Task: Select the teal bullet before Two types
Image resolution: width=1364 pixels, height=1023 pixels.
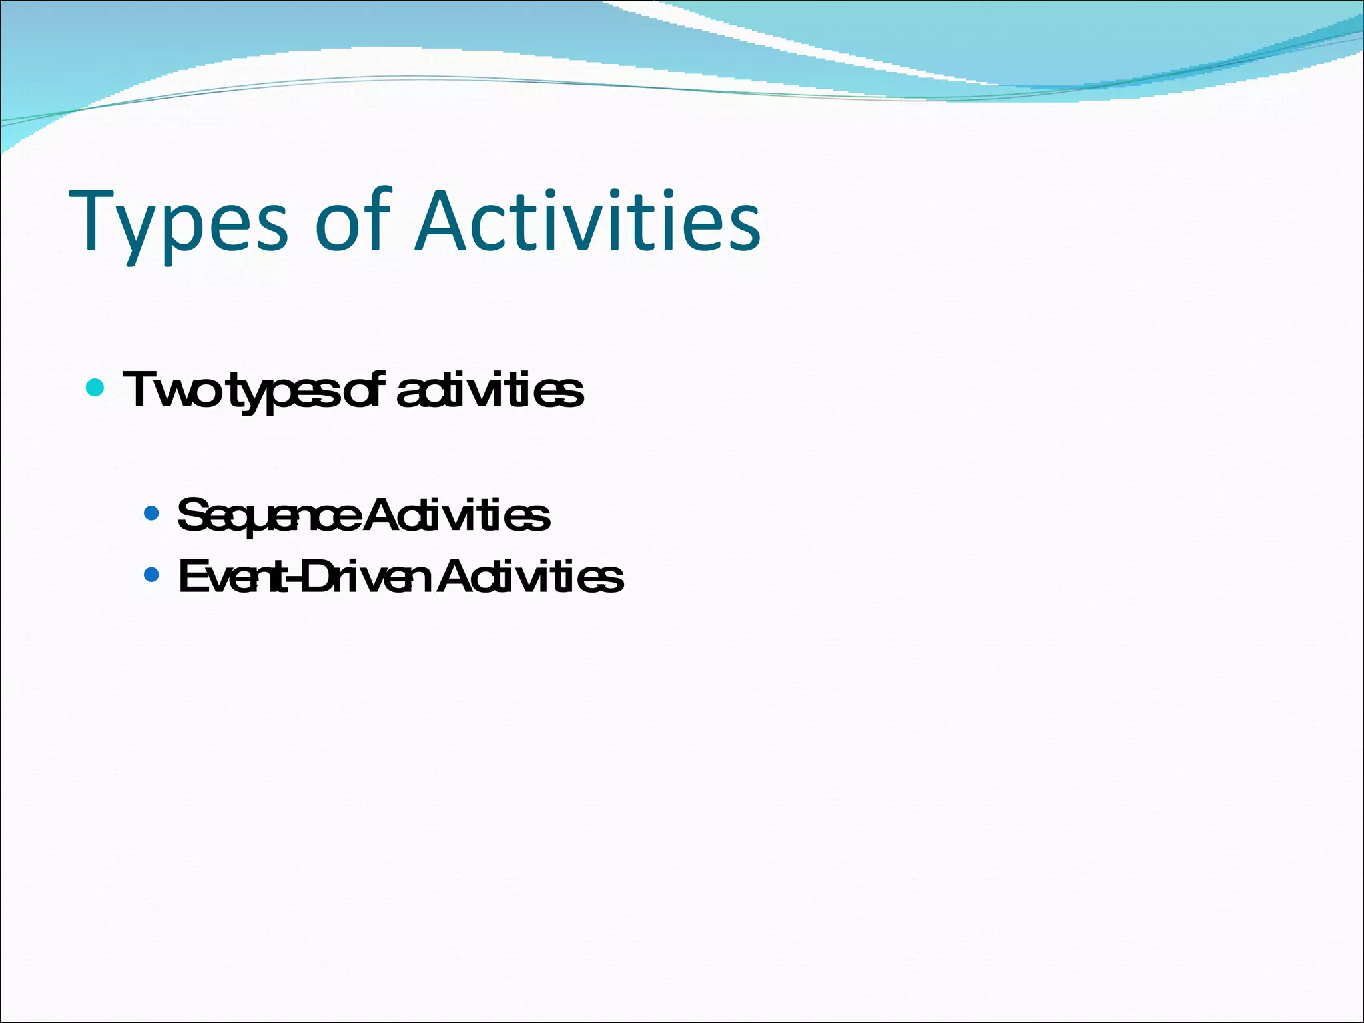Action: (95, 387)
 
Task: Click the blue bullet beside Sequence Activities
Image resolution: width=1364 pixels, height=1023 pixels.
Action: (152, 513)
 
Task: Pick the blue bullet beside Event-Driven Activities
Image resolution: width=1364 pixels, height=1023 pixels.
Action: (152, 574)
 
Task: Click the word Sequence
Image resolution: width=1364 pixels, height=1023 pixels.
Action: (270, 516)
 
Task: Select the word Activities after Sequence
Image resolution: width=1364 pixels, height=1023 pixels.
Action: (457, 515)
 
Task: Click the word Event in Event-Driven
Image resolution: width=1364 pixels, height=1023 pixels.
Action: (230, 577)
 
